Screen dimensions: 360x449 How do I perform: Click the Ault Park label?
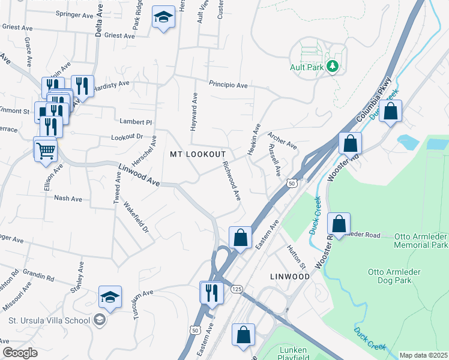point(307,67)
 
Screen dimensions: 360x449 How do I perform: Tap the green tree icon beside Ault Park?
point(333,67)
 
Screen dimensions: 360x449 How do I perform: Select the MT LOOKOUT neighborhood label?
point(198,154)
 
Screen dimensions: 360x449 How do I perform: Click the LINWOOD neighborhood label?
point(289,277)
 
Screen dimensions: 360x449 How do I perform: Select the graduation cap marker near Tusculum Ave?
point(110,296)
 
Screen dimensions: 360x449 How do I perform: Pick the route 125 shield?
point(238,289)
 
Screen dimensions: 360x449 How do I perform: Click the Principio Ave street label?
point(228,85)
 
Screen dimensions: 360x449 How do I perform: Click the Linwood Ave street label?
point(138,175)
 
